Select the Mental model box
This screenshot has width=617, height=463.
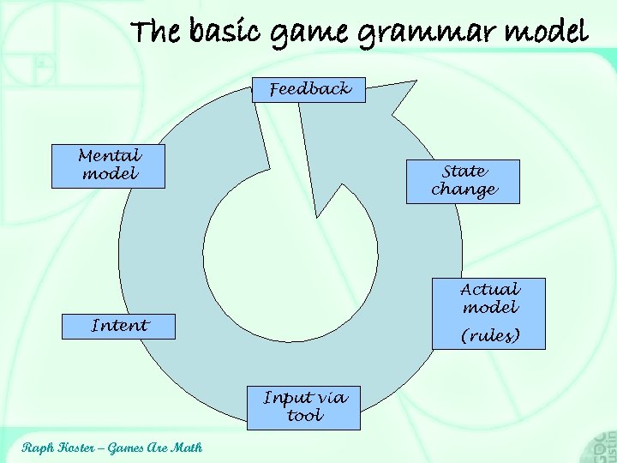(x=109, y=166)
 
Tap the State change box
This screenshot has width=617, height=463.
(x=463, y=181)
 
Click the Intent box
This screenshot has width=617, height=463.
(x=119, y=326)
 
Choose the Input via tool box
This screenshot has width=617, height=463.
(x=305, y=407)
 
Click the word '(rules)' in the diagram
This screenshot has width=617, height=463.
(x=490, y=335)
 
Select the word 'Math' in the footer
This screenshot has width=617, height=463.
(x=187, y=447)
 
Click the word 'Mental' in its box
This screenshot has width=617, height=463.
(x=109, y=156)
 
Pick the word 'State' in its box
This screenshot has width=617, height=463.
(x=464, y=171)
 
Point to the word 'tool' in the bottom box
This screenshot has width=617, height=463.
(x=305, y=416)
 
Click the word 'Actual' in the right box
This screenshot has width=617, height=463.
(x=489, y=290)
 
